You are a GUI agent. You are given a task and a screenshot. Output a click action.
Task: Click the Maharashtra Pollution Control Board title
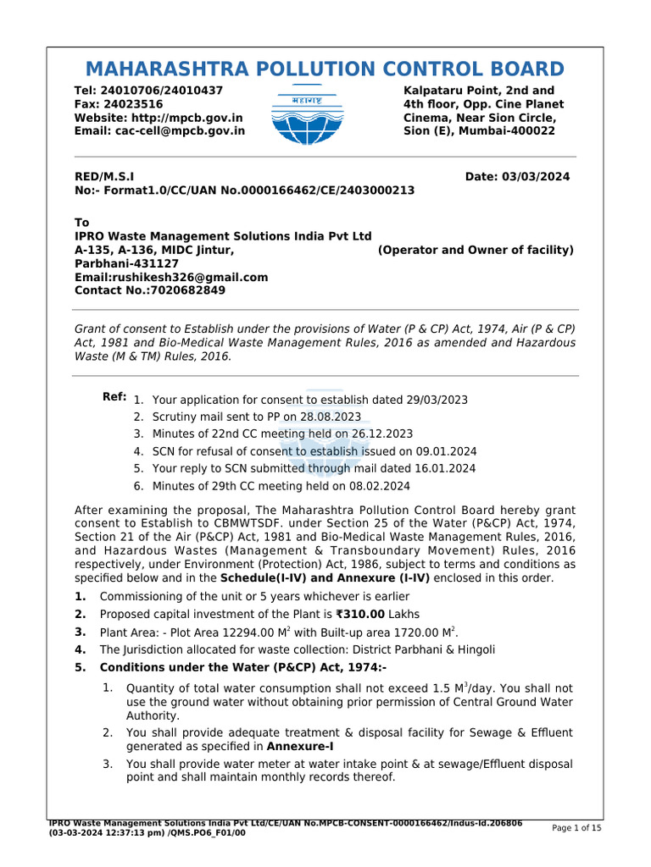click(x=325, y=69)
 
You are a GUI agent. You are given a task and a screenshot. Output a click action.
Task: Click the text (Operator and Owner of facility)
click(x=476, y=250)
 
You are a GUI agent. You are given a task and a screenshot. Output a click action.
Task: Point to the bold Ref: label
click(x=114, y=397)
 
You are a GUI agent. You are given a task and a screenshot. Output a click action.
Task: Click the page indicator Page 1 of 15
click(x=576, y=828)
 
